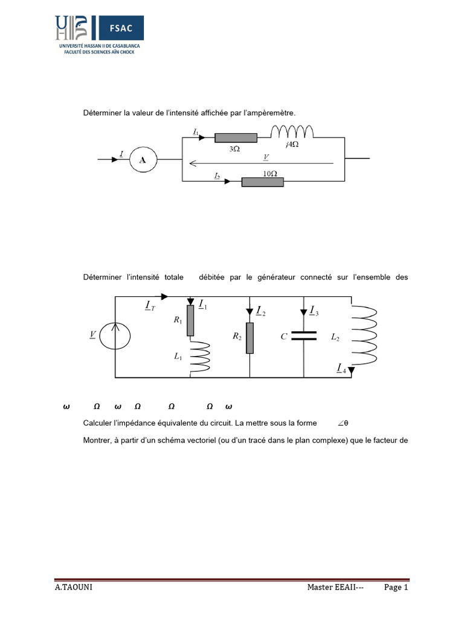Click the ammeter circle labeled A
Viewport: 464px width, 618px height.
coord(143,159)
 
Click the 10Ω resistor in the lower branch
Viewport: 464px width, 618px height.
coord(263,182)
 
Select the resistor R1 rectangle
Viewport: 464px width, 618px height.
coord(190,320)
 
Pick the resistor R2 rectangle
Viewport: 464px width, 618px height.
coord(250,337)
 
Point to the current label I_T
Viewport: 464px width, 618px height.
coord(150,307)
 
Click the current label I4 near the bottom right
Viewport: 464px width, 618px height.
coord(342,368)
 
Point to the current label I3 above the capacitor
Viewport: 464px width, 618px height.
coord(314,310)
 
